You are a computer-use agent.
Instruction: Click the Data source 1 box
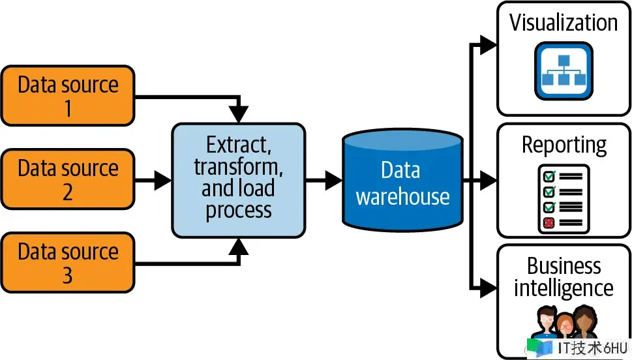pyautogui.click(x=68, y=96)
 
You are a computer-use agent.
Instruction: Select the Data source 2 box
pyautogui.click(x=68, y=179)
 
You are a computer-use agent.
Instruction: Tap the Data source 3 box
pyautogui.click(x=68, y=263)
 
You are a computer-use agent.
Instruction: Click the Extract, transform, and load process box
pyautogui.click(x=238, y=179)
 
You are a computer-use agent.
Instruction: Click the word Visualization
pyautogui.click(x=563, y=23)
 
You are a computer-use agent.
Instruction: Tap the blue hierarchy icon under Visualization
pyautogui.click(x=563, y=70)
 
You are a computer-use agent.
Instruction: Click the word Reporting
pyautogui.click(x=564, y=145)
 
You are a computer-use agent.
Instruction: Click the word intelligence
pyautogui.click(x=564, y=288)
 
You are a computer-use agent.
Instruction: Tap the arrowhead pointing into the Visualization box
pyautogui.click(x=489, y=44)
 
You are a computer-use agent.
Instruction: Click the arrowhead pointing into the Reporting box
pyautogui.click(x=489, y=179)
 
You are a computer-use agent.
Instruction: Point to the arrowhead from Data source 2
pyautogui.click(x=162, y=180)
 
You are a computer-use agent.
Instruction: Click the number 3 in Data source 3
pyautogui.click(x=68, y=276)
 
